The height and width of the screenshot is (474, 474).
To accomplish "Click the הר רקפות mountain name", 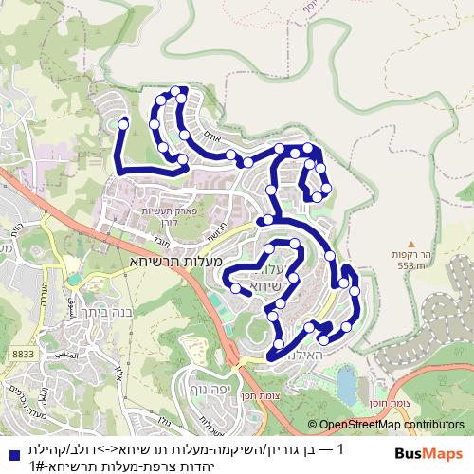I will (x=411, y=255).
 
